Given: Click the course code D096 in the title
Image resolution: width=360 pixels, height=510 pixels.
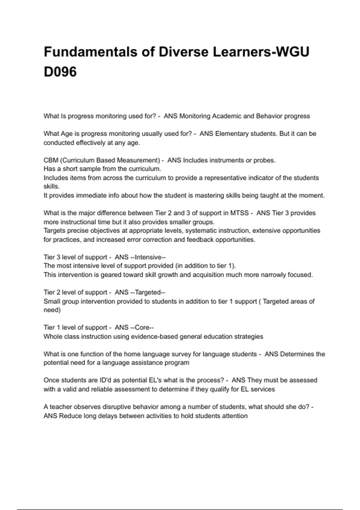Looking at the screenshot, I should click(x=60, y=72).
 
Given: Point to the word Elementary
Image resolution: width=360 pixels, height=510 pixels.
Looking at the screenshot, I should click(x=232, y=133).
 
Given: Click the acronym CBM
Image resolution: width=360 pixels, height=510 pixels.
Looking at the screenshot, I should click(x=51, y=160).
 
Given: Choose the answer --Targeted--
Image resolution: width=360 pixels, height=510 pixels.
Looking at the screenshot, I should click(x=147, y=292).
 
